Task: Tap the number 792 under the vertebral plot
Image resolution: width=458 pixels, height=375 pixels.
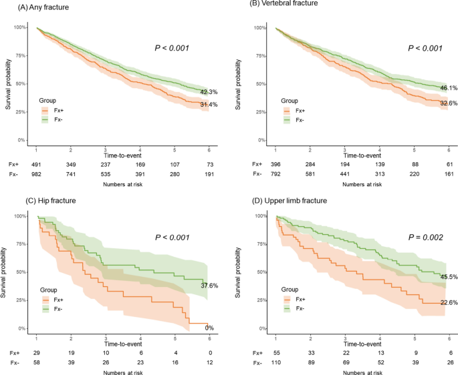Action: pos(275,174)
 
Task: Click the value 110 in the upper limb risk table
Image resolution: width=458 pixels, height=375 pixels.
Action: pos(275,362)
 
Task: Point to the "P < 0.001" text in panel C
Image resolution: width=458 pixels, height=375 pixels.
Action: pos(173,236)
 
